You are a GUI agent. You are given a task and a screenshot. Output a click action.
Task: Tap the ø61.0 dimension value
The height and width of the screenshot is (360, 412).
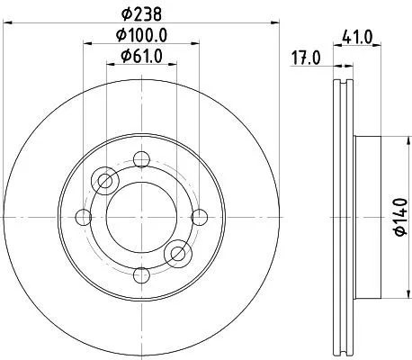(x=141, y=58)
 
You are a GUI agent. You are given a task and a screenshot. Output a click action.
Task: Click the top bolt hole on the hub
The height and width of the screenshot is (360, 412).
(x=140, y=160)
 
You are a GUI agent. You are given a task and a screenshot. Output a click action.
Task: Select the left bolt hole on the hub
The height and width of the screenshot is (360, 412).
(x=84, y=216)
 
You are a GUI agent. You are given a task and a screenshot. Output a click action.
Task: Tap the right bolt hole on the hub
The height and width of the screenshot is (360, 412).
(x=200, y=216)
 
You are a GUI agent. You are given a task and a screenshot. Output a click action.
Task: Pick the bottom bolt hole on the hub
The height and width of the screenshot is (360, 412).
(x=140, y=273)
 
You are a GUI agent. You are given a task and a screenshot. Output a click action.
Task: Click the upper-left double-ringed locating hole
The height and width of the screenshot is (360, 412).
(x=105, y=181)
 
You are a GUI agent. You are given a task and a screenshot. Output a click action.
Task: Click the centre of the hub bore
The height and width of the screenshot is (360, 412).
(x=140, y=216)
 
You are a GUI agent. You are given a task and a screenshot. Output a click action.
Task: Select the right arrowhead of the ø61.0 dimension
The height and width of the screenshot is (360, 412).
(x=172, y=67)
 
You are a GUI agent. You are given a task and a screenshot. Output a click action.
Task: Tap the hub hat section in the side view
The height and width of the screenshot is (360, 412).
(x=369, y=216)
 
